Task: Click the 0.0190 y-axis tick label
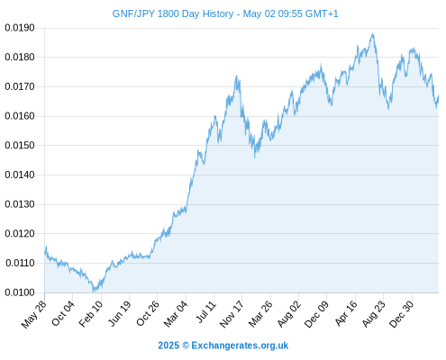pos(20,28)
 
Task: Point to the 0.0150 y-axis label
pos(20,146)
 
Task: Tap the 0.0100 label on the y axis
pos(20,292)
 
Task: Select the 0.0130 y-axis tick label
pos(20,204)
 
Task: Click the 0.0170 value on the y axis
pos(20,86)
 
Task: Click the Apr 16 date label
pos(346,313)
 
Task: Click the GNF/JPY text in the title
pos(133,13)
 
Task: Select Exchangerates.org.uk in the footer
pos(240,346)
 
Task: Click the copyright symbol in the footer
pos(186,346)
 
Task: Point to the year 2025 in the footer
pos(168,346)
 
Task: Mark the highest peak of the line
pos(373,34)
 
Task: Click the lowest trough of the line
pos(94,291)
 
